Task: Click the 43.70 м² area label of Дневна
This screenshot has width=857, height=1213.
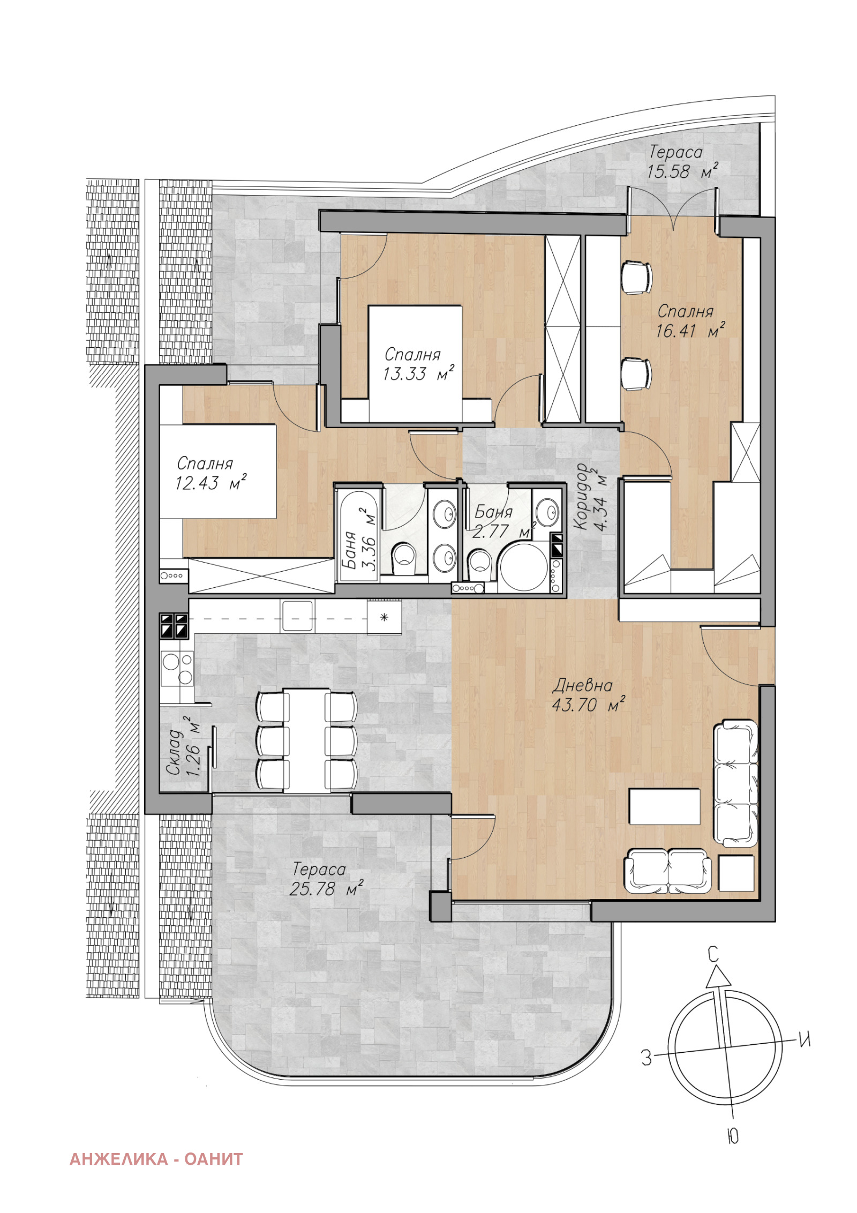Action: click(x=588, y=705)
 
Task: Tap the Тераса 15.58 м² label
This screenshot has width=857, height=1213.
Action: click(x=682, y=162)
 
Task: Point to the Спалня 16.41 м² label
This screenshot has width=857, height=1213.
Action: click(x=690, y=321)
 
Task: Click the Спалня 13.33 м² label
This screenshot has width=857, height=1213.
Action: click(x=418, y=364)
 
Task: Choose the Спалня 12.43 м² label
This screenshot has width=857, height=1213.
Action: click(x=211, y=473)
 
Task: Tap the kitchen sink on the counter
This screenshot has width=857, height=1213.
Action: click(x=297, y=616)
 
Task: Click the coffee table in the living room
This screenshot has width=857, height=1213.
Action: click(x=664, y=806)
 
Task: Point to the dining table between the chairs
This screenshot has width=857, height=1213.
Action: click(x=306, y=740)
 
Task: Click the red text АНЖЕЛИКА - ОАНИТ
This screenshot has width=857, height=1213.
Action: click(x=156, y=1159)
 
